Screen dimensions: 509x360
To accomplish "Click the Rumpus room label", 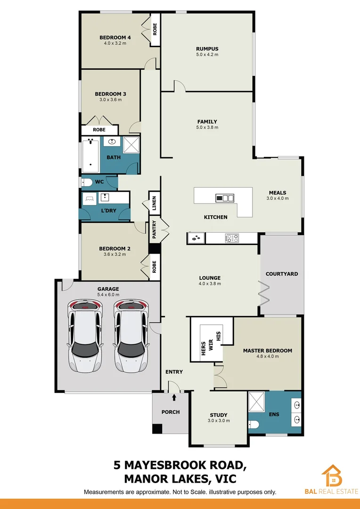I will point(207,49).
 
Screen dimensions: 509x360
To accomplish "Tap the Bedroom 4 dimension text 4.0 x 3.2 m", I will point(115,43).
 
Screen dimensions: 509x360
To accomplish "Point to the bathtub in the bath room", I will point(90,156).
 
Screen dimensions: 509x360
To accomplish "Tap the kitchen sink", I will point(195,238).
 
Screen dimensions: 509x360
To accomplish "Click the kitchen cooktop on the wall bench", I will point(232,238).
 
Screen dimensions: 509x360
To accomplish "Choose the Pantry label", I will point(154,230).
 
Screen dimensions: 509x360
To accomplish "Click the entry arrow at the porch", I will point(174,399).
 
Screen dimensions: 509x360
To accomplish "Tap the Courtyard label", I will point(282,274).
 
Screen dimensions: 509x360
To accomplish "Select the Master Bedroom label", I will point(267,351).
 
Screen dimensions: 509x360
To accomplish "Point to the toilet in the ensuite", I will point(254,425).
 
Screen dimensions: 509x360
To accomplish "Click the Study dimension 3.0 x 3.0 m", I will point(218,420).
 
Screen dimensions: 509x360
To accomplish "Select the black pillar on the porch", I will point(157,429).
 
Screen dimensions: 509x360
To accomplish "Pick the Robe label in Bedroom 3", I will point(99,130).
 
